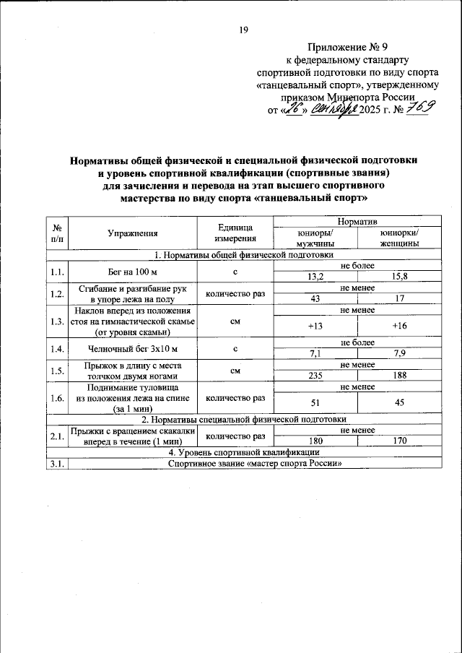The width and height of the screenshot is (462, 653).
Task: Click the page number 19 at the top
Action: click(243, 30)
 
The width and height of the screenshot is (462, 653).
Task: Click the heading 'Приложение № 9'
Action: click(347, 47)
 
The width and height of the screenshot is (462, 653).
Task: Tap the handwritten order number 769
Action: click(418, 108)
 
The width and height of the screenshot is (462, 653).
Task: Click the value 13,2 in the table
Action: click(314, 276)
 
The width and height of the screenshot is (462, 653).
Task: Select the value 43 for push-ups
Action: click(314, 299)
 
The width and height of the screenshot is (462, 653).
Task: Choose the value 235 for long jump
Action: click(314, 376)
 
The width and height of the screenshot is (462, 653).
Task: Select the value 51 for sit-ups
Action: click(314, 402)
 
